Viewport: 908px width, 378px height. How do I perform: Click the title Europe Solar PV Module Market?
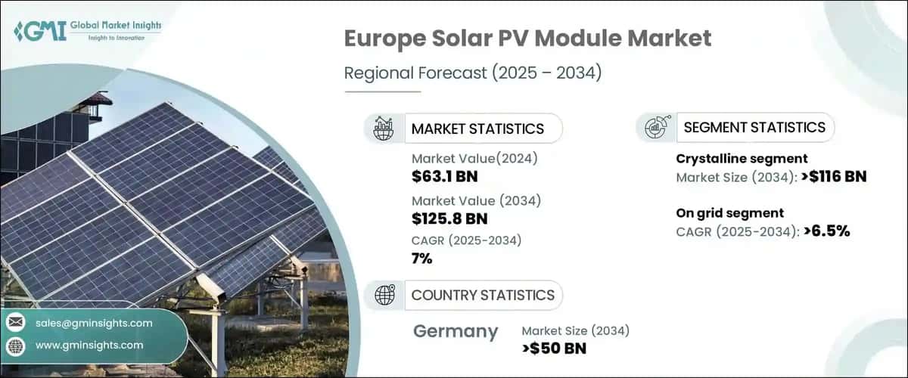click(528, 39)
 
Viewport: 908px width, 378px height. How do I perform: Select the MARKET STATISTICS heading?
click(477, 129)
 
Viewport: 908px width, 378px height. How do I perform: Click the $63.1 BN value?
click(445, 177)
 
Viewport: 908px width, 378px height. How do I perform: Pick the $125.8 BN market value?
click(449, 218)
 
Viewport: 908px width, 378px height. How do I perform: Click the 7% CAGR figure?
click(422, 259)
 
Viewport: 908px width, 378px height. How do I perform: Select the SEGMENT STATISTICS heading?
click(754, 127)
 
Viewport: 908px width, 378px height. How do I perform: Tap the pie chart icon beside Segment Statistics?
click(655, 128)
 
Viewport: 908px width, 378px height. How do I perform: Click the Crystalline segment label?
click(742, 158)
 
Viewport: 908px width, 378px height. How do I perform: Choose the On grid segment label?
click(729, 212)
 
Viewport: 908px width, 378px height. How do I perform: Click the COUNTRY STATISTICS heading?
click(483, 295)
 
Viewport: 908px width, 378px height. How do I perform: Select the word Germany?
click(456, 331)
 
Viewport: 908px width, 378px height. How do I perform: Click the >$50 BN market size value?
click(554, 349)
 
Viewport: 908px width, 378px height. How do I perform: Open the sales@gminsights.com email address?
click(94, 323)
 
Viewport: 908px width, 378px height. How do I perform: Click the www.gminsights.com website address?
click(89, 345)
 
